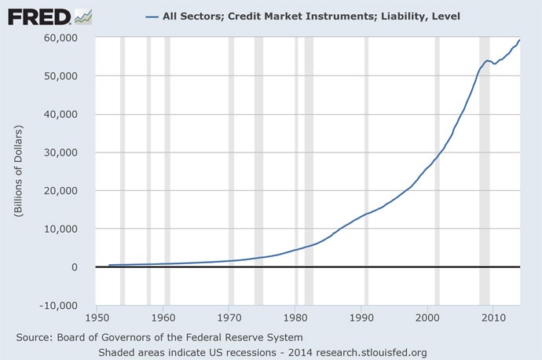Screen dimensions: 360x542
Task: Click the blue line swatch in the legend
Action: click(x=152, y=17)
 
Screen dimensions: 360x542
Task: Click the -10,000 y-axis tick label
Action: click(x=58, y=306)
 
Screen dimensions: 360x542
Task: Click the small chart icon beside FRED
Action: click(x=82, y=15)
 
